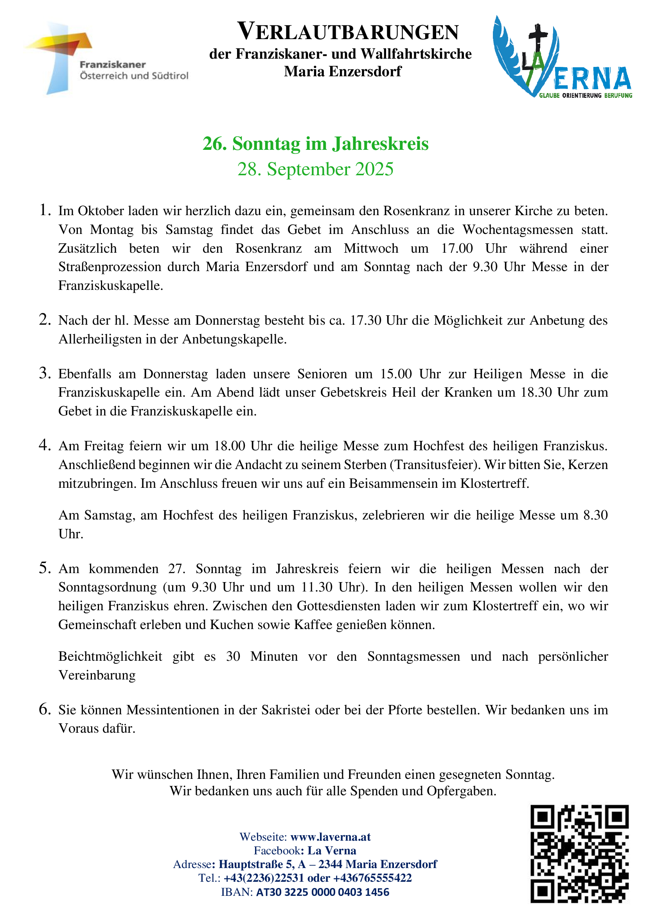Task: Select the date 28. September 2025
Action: pyautogui.click(x=316, y=169)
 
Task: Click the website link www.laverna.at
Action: pyautogui.click(x=330, y=836)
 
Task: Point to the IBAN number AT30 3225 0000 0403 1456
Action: pyautogui.click(x=322, y=892)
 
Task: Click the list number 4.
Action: pyautogui.click(x=45, y=445)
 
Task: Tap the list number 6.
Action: pyautogui.click(x=45, y=709)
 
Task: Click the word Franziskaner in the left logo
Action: pyautogui.click(x=113, y=65)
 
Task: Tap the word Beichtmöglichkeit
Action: pyautogui.click(x=110, y=656)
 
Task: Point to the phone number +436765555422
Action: pyautogui.click(x=372, y=878)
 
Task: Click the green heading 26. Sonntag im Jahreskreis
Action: pyautogui.click(x=316, y=144)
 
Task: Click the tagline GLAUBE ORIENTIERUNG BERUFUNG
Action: pyautogui.click(x=585, y=95)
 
